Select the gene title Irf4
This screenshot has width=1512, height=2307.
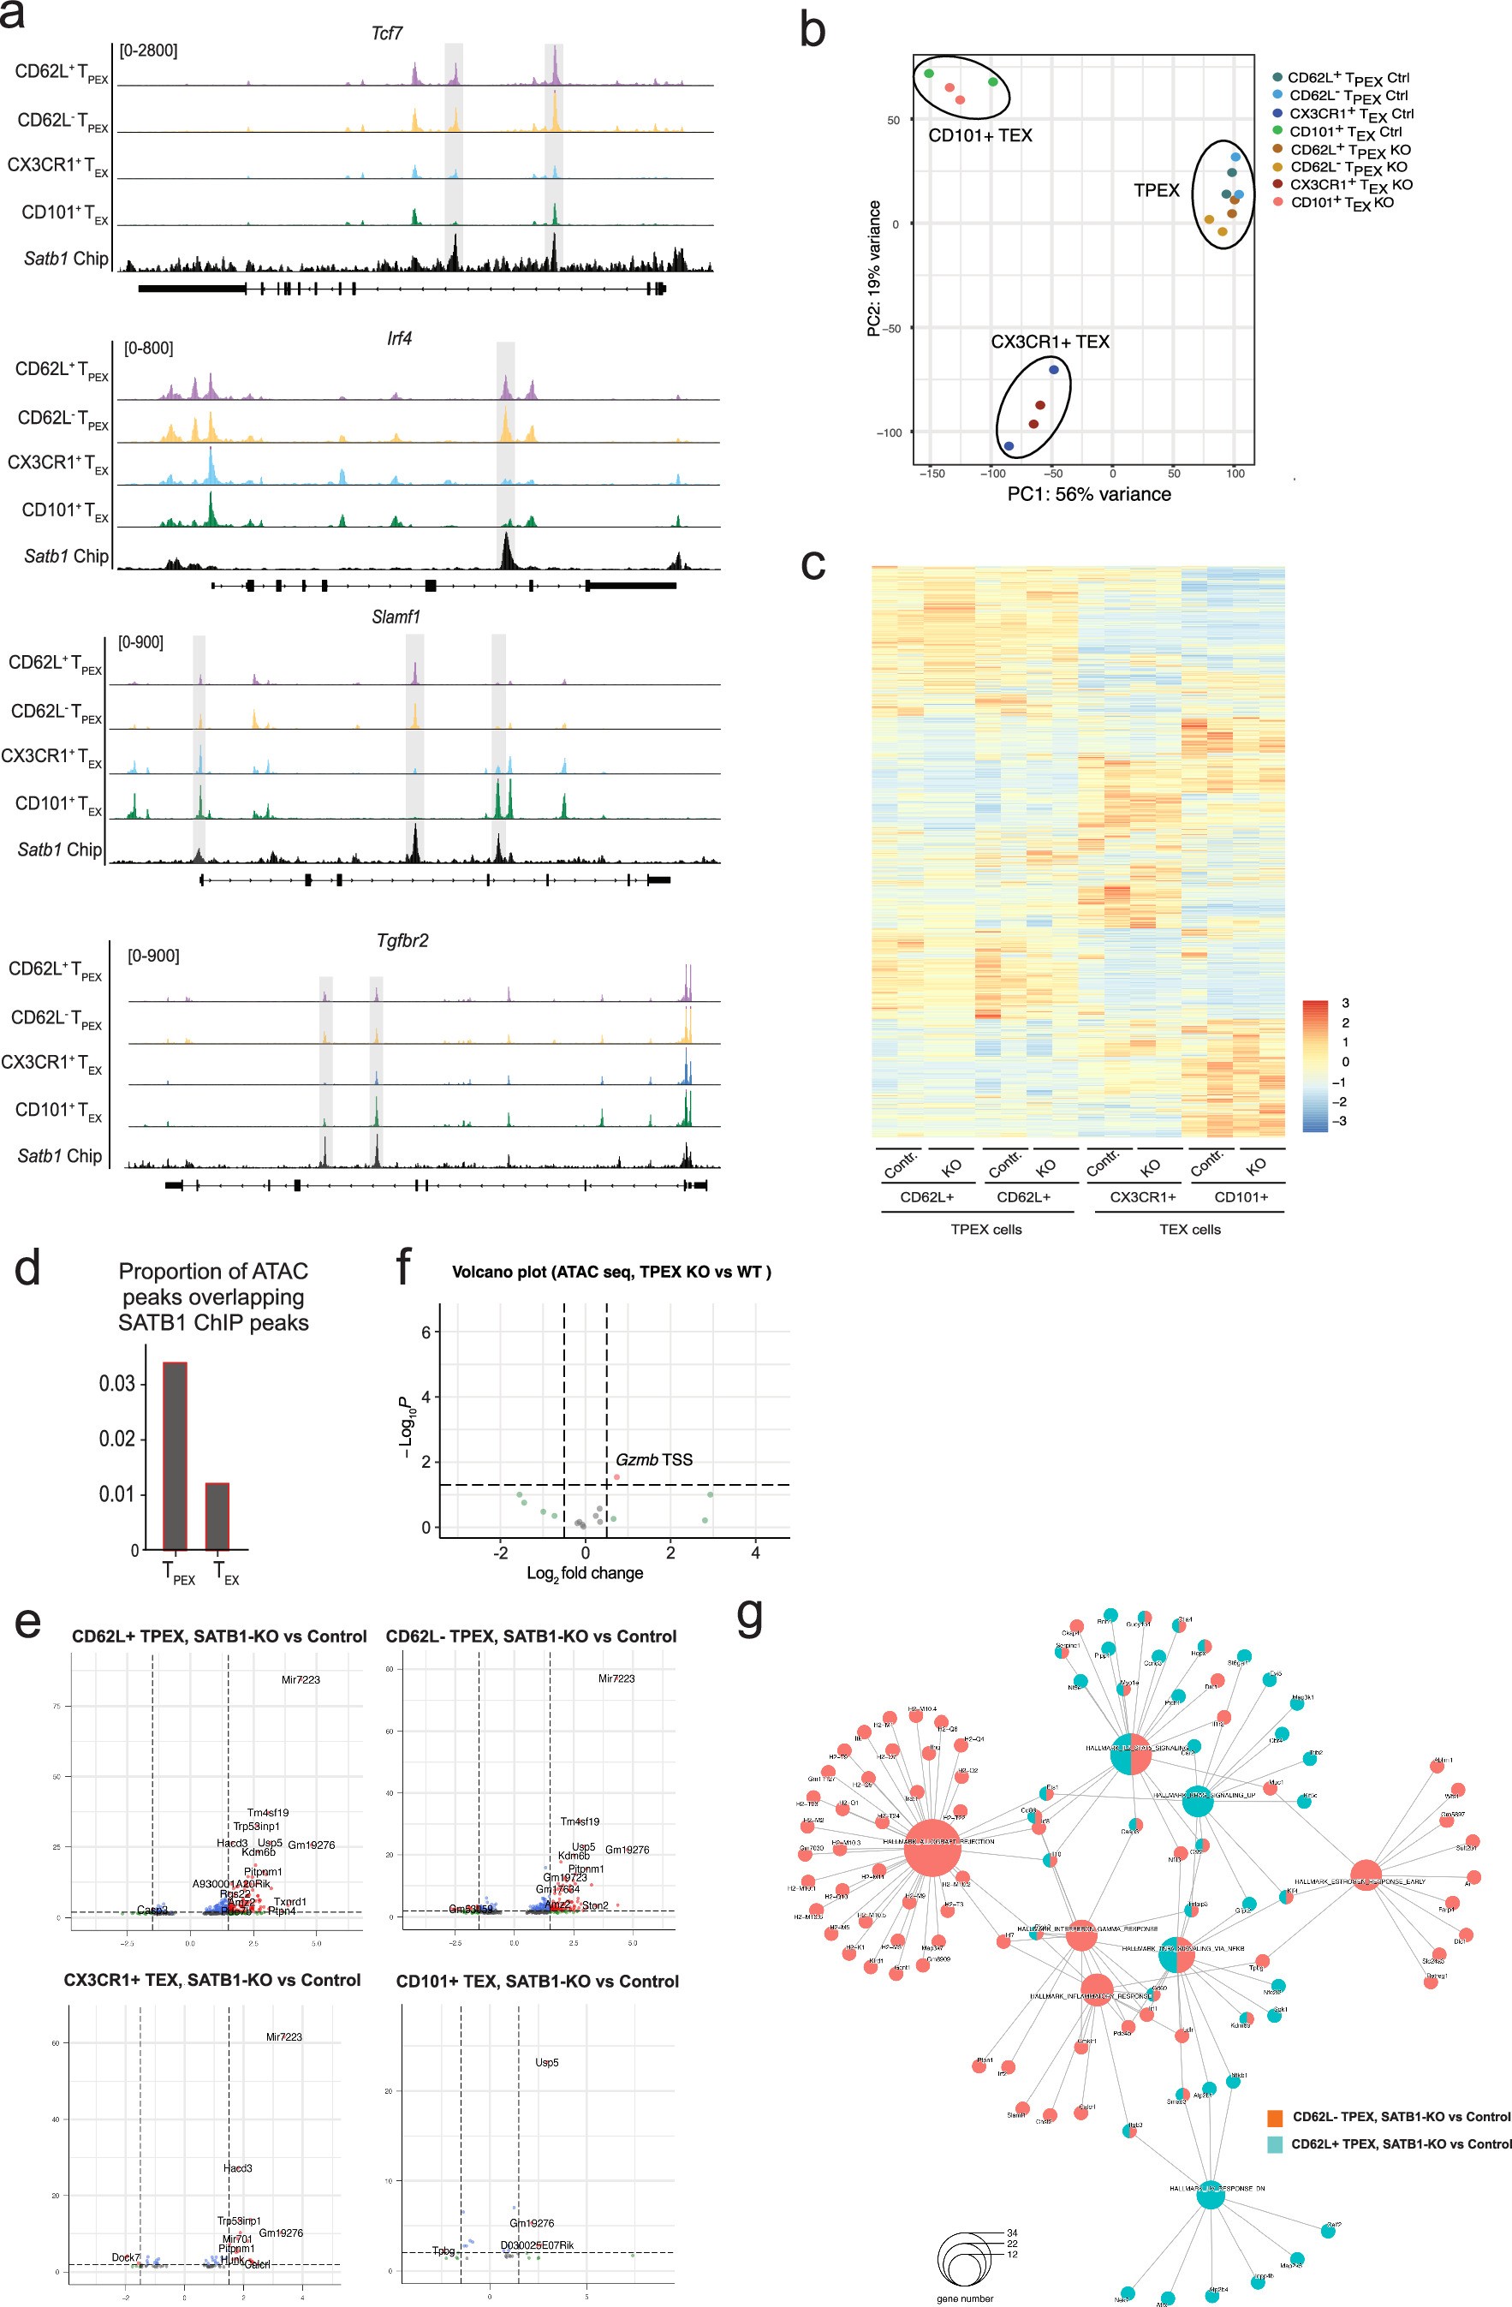[398, 339]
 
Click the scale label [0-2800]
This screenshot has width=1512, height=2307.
[148, 51]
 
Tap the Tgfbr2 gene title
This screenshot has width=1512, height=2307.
[402, 940]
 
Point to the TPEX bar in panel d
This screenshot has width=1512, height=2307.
[175, 1455]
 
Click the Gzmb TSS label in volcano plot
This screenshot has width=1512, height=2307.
[654, 1460]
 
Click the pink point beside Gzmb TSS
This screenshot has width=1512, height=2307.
[616, 1476]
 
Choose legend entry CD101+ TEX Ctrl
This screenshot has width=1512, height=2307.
[1344, 132]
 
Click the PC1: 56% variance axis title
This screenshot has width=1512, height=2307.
[1088, 494]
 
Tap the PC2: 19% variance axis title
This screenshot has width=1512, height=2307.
[874, 269]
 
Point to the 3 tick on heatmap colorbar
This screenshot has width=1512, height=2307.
[1345, 1004]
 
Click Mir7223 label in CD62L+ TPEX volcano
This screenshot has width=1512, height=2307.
[301, 1680]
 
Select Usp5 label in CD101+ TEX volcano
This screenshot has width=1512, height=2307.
[546, 2063]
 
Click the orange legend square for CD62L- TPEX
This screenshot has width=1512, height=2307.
[1275, 2117]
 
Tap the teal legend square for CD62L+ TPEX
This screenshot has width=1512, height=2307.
[1275, 2144]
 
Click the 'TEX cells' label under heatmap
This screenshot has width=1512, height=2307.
[1189, 1229]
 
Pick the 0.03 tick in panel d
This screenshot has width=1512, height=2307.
[117, 1383]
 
